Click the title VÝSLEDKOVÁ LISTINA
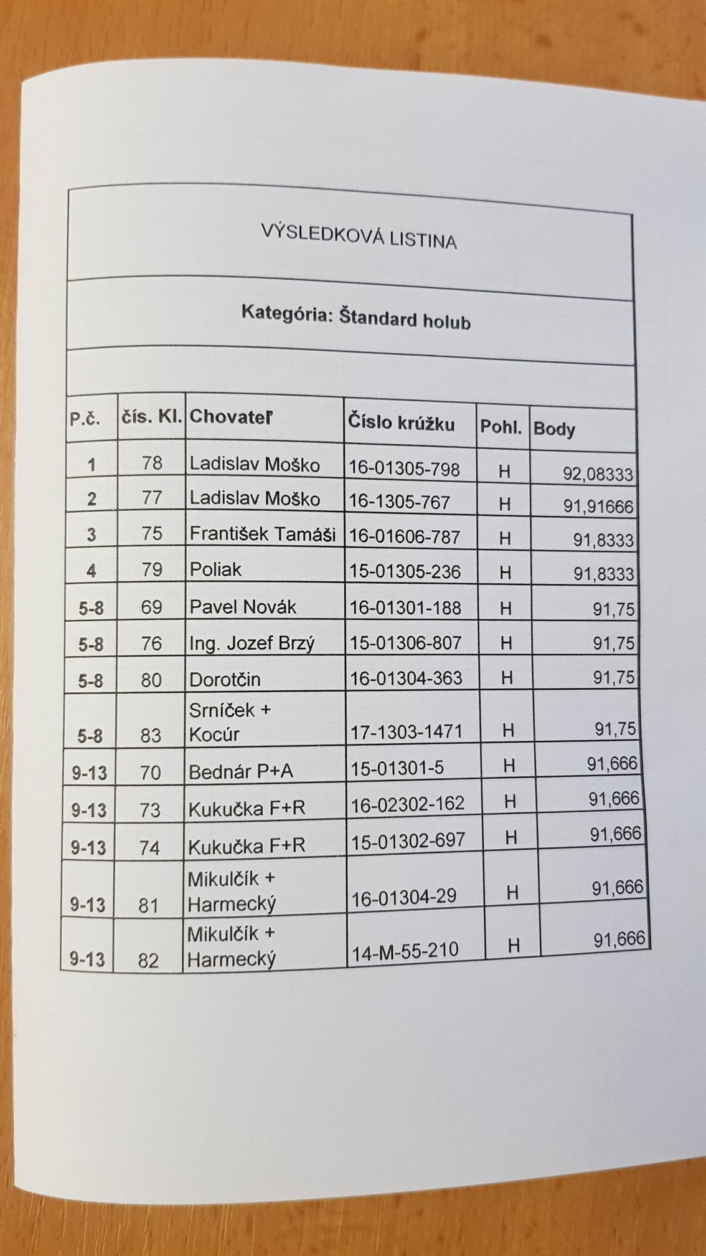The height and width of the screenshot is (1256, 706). click(x=358, y=236)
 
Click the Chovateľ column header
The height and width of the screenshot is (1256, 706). click(x=231, y=417)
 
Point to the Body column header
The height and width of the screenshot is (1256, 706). click(x=554, y=429)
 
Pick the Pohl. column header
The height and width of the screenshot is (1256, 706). click(x=501, y=427)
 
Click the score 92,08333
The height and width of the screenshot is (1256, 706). click(x=598, y=475)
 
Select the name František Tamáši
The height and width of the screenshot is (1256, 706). click(x=262, y=535)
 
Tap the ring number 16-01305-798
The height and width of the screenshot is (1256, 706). click(x=404, y=469)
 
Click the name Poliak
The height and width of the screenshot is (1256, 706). click(x=215, y=569)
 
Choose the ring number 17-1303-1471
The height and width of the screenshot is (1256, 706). click(x=407, y=731)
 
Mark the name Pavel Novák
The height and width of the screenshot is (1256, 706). click(x=243, y=607)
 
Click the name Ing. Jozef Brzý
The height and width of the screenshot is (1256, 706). click(x=252, y=643)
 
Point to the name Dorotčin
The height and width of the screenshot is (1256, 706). click(x=225, y=679)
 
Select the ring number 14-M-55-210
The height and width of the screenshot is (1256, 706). click(x=405, y=951)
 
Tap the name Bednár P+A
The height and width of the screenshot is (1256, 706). click(x=241, y=772)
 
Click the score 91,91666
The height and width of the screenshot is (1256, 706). click(x=598, y=507)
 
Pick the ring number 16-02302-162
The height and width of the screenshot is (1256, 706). click(x=408, y=804)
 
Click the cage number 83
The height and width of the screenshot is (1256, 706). click(x=151, y=736)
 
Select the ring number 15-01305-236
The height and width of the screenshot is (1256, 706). click(x=405, y=572)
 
